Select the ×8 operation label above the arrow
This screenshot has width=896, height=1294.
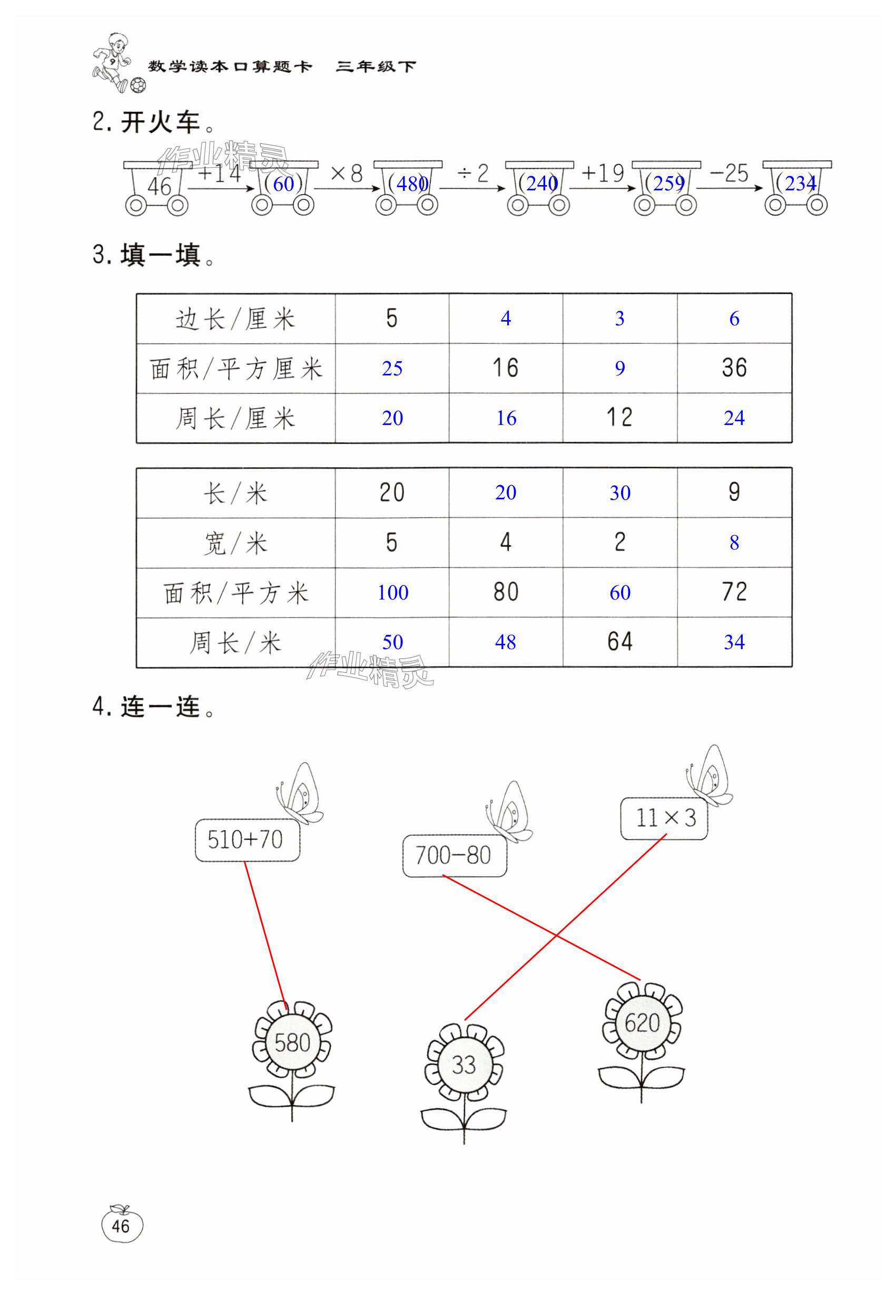coord(347,173)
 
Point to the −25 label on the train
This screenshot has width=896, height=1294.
coord(728,173)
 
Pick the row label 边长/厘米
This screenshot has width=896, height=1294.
coord(235,319)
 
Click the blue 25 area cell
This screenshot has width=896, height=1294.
coord(392,369)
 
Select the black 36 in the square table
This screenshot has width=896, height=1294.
coord(734,368)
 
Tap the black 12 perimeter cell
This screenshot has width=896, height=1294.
coord(619,418)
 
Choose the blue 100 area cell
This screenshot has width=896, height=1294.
coord(392,592)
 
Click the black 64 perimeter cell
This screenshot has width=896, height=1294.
coord(619,642)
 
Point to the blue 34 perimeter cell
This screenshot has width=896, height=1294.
coord(734,642)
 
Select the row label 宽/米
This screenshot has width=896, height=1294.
coord(235,543)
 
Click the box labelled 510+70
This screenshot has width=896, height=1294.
coord(247,840)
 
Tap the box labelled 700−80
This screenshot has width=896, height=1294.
coord(454,855)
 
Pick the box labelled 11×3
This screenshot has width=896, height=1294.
coord(664,818)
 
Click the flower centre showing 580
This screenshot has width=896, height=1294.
coord(292,1043)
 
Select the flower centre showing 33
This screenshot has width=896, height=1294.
coord(464,1065)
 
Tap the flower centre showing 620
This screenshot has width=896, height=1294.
coord(642,1022)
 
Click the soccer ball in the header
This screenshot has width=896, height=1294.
coord(138,85)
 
